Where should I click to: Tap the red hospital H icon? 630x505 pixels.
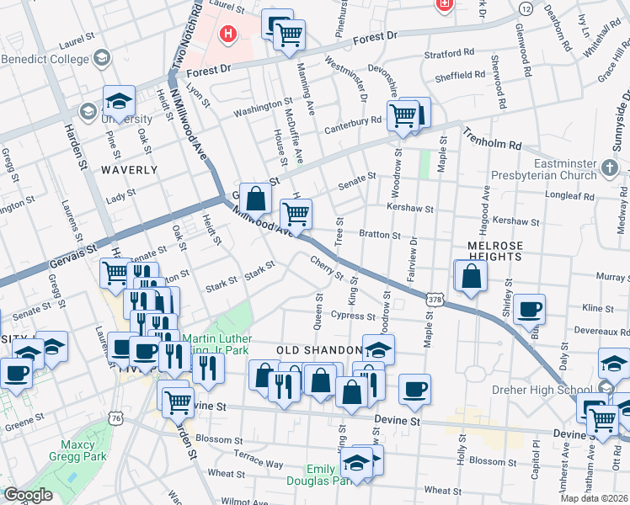coord(227,35)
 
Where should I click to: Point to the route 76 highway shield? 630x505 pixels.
coord(116,418)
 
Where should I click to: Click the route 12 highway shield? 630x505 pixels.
coord(526,8)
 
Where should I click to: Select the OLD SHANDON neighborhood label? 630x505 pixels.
coord(315,349)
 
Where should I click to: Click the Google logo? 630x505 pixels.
coord(28,496)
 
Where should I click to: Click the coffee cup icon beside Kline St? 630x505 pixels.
coord(529,310)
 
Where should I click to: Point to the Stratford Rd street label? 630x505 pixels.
coord(455,53)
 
